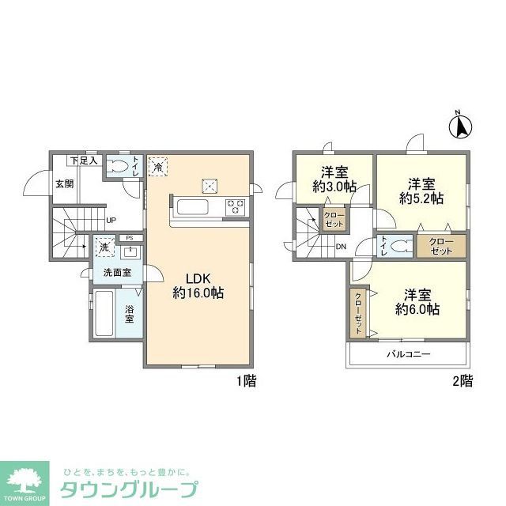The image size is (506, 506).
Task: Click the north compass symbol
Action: click(460, 126)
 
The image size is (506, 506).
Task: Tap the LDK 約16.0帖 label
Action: click(198, 285)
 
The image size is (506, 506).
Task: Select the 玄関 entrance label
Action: click(65, 184)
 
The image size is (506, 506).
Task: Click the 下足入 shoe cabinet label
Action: click(83, 160)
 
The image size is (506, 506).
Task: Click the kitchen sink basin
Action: click(193, 208)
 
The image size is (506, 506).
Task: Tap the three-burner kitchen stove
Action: click(235, 208)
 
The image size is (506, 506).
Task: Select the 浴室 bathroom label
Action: click(129, 313)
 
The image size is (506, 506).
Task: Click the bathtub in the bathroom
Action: click(104, 313)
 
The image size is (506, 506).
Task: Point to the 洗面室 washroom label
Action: click(117, 274)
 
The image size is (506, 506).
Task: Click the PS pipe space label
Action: click(129, 237)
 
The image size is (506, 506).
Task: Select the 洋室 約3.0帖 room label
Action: click(333, 179)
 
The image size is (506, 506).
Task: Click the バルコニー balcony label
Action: click(408, 354)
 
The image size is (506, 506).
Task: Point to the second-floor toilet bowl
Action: click(401, 246)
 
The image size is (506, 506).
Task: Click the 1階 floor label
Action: click(246, 381)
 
